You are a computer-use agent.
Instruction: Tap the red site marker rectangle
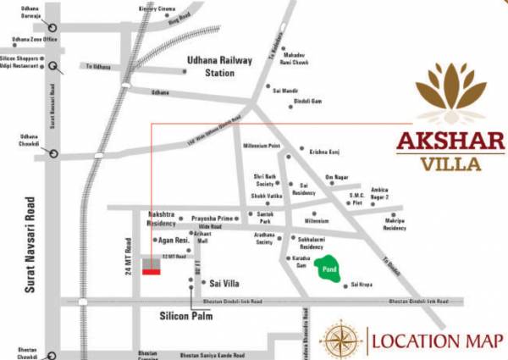pos(152,272)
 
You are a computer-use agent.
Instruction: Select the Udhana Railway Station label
pos(219,66)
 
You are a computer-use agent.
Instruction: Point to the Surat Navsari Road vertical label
pos(30,245)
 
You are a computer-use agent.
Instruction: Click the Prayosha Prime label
pos(212,219)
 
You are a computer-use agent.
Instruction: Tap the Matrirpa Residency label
pos(395,224)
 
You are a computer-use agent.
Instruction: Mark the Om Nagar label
pos(337,177)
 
